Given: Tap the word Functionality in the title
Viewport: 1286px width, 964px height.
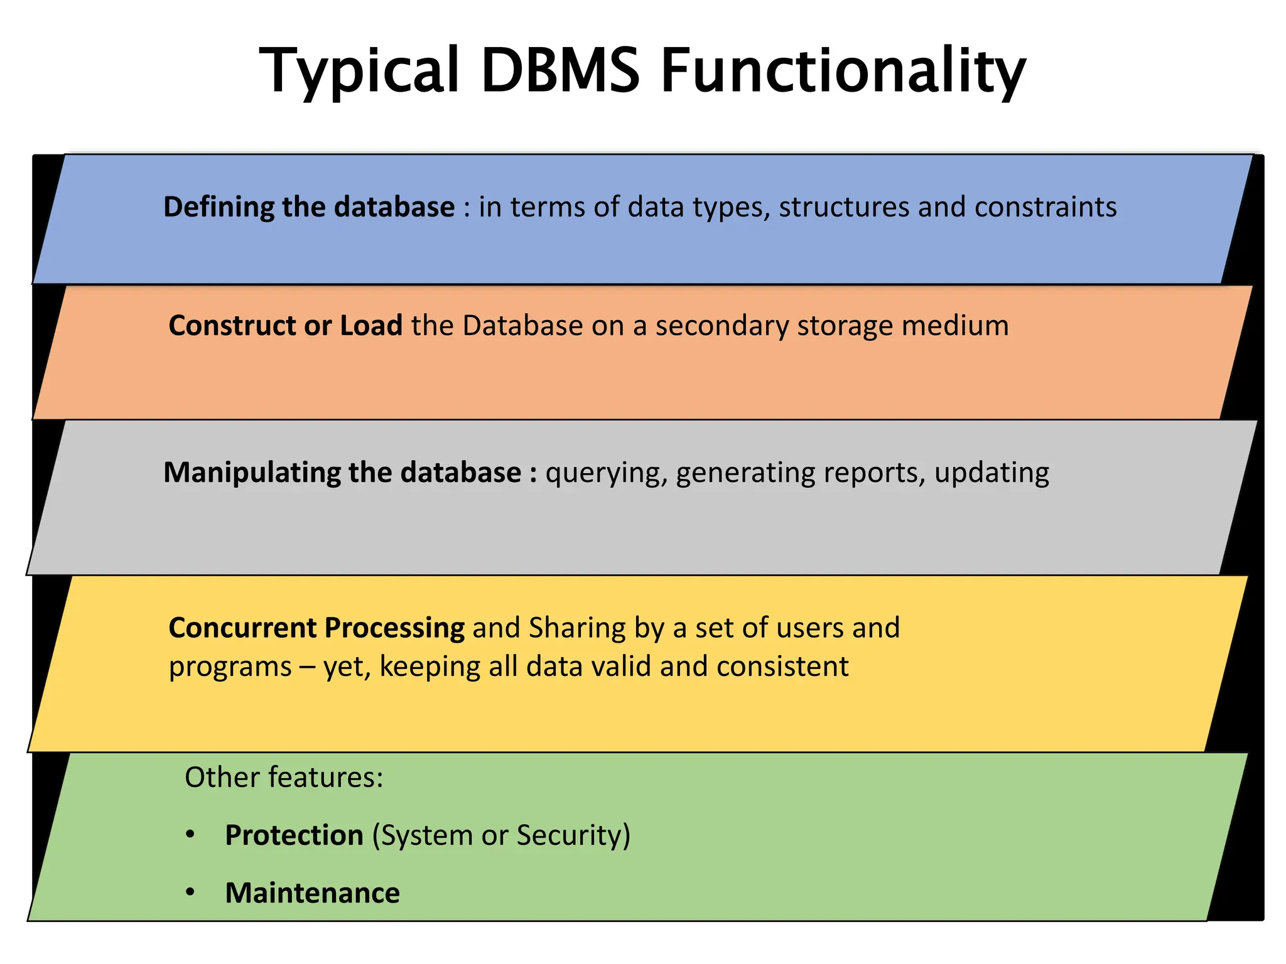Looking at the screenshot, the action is [843, 70].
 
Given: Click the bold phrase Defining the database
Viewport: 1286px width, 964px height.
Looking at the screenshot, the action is [309, 207].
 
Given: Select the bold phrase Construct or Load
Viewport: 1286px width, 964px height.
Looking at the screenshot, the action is [285, 326].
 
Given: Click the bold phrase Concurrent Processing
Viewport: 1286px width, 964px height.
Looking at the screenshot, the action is [316, 628].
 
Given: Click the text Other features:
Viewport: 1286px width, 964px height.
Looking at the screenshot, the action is [284, 778].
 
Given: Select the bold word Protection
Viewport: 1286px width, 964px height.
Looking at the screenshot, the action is [294, 835].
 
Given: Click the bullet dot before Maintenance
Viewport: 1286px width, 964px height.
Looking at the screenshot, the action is [190, 892].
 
